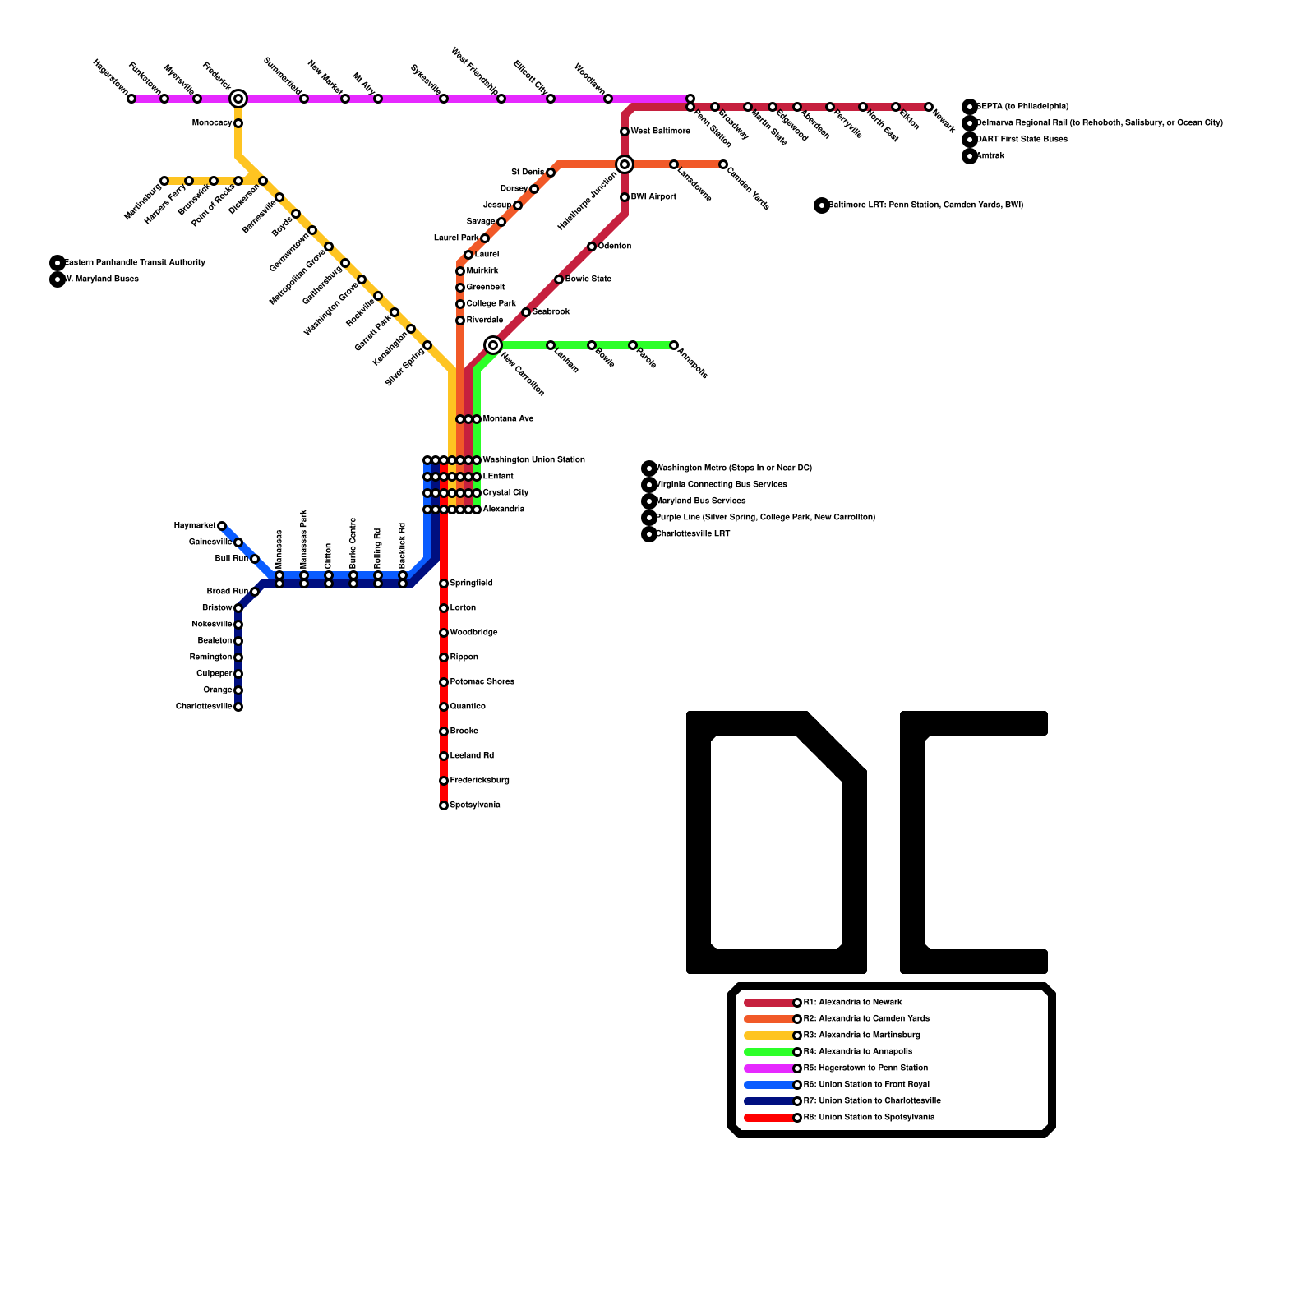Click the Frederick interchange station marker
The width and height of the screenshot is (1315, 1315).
pos(238,99)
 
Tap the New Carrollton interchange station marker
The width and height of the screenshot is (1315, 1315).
pos(493,345)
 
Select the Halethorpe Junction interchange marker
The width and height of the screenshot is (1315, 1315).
pos(625,164)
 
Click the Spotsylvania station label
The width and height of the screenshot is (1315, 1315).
pos(475,805)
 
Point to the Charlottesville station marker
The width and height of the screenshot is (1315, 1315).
pos(238,707)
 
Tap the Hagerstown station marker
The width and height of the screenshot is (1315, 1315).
pos(131,99)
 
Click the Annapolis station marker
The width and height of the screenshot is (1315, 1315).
pos(674,345)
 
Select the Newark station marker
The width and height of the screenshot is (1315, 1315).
pos(929,107)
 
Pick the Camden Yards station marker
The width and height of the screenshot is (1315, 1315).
pos(723,164)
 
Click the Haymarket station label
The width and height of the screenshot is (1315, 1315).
pos(195,526)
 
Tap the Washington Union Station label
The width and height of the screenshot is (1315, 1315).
pos(534,460)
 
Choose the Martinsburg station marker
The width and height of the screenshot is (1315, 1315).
pos(164,181)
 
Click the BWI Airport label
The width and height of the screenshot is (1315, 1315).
pos(653,197)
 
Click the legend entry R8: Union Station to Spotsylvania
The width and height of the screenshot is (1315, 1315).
pos(869,1118)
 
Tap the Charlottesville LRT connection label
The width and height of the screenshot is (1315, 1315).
pos(693,534)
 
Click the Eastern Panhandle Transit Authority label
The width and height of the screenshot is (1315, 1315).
pos(135,263)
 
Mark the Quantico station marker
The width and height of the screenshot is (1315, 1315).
pos(444,707)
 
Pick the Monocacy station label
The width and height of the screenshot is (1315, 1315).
pos(212,123)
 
